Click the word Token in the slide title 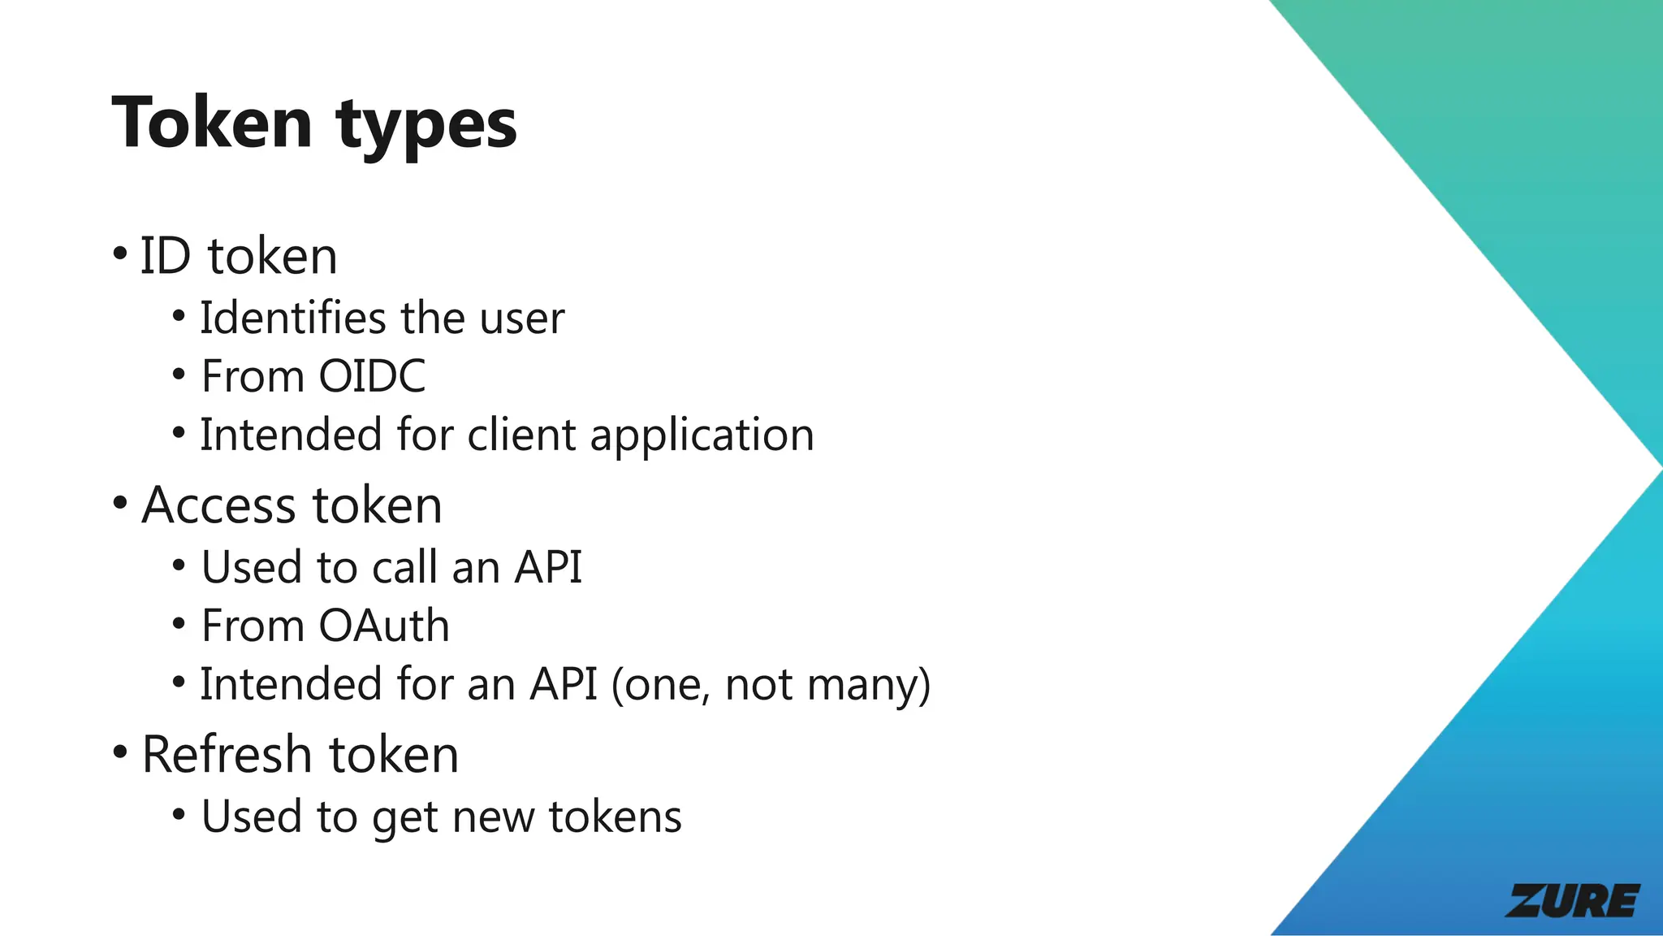click(212, 123)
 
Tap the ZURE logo click(1573, 900)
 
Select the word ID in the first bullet click(166, 256)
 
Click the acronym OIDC click(372, 376)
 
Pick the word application click(702, 436)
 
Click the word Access click(218, 505)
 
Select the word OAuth click(384, 626)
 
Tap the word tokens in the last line click(616, 817)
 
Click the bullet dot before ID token click(120, 253)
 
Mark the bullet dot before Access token click(120, 503)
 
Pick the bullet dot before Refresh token click(120, 752)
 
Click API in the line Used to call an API click(548, 567)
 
